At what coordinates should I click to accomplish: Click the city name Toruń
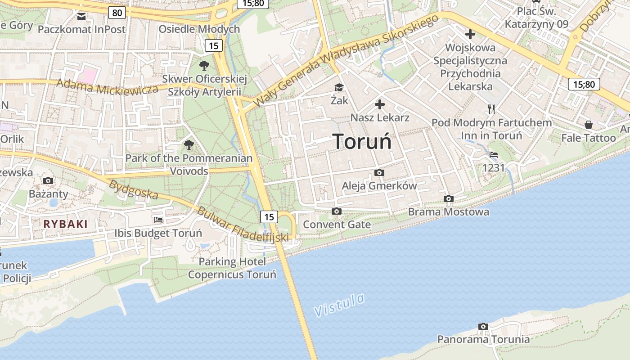(x=362, y=142)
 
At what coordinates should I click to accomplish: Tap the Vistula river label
(x=339, y=305)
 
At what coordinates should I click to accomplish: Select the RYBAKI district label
(x=66, y=224)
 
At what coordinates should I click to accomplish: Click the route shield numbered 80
(x=117, y=13)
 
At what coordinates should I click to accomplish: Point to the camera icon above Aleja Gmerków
(x=379, y=173)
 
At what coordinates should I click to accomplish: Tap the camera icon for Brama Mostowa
(x=448, y=198)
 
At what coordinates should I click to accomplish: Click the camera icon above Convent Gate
(x=336, y=211)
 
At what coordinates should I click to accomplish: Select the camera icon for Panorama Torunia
(x=483, y=326)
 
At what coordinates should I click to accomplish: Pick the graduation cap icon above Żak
(x=339, y=87)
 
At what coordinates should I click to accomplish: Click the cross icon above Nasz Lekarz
(x=380, y=105)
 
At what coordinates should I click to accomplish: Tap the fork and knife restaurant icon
(x=491, y=109)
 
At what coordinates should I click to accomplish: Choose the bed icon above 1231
(x=494, y=155)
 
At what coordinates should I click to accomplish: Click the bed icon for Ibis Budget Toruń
(x=158, y=220)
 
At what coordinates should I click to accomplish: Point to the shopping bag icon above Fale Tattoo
(x=588, y=125)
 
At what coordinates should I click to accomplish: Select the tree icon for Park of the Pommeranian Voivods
(x=189, y=145)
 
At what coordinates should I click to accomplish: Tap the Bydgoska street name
(x=134, y=190)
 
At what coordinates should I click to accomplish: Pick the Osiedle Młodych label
(x=199, y=29)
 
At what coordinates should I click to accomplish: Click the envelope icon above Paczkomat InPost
(x=81, y=17)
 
